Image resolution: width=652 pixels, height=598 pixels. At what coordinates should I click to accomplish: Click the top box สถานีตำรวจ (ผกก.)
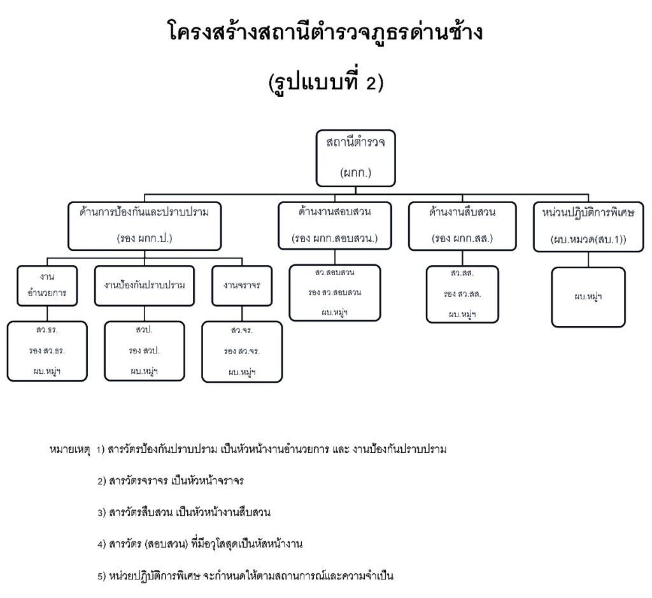(356, 157)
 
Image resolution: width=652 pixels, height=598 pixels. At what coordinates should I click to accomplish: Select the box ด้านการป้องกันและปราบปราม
(145, 225)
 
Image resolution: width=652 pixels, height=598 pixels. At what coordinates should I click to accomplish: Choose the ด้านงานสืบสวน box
(462, 225)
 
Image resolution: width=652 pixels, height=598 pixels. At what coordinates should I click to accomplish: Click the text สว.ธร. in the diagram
(47, 331)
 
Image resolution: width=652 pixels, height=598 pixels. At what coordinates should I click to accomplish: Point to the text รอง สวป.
(144, 351)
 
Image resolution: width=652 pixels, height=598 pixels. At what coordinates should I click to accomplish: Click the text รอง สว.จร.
(242, 352)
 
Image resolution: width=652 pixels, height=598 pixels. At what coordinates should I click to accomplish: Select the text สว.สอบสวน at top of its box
(334, 273)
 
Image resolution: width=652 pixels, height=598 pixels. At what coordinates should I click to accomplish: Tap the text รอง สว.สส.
(462, 294)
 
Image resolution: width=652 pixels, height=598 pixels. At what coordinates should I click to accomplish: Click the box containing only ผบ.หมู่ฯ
(588, 297)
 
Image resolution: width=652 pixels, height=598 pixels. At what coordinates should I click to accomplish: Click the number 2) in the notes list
(102, 481)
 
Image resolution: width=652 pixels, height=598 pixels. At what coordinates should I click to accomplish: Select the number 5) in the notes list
(102, 576)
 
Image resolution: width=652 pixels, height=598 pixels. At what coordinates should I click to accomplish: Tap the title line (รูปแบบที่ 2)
(325, 83)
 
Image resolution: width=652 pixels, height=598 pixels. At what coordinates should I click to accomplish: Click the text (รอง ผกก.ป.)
(145, 239)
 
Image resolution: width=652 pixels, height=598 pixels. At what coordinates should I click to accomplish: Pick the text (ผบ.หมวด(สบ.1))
(588, 240)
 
